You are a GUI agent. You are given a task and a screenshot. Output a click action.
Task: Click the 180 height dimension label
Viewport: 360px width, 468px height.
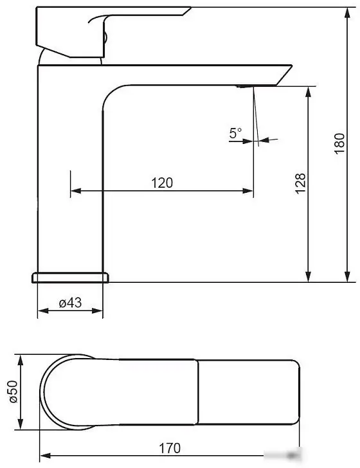pos(339,143)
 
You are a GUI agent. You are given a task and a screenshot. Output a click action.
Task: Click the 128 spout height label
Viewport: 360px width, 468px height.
pos(301,183)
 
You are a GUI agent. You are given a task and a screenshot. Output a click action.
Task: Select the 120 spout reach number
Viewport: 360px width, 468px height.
pos(162,183)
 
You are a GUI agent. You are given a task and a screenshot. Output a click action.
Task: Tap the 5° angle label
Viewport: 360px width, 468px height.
pos(235,133)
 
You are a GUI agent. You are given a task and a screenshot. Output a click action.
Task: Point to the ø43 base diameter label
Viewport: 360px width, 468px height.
pos(70,303)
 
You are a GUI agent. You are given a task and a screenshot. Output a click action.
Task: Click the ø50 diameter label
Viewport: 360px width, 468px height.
pos(14,392)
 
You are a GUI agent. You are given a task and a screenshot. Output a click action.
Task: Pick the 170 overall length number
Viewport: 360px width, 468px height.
pos(170,448)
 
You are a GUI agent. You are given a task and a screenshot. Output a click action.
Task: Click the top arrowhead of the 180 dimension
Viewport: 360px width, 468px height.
pos(347,13)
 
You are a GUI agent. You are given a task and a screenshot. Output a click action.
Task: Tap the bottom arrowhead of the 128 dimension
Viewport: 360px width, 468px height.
pos(309,276)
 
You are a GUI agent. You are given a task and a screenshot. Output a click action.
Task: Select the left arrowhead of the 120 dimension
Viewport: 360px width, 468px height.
pos(76,191)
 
